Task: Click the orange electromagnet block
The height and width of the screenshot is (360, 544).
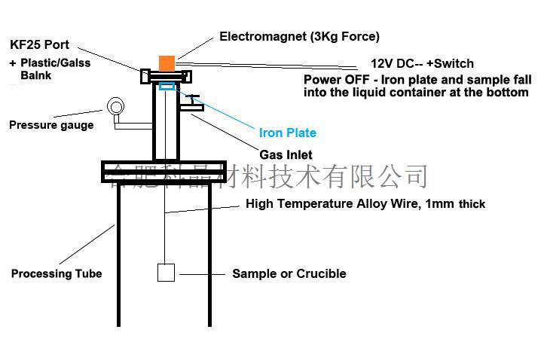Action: click(x=167, y=63)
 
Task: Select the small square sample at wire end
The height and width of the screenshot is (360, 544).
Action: click(x=166, y=273)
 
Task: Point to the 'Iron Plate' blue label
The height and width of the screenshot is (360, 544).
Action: click(x=287, y=133)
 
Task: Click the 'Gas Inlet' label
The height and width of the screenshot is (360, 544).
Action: click(x=286, y=155)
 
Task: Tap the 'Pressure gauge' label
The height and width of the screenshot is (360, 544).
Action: click(x=51, y=125)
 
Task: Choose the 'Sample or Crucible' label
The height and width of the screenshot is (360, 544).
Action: click(x=289, y=273)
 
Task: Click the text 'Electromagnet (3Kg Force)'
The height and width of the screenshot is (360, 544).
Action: click(x=299, y=36)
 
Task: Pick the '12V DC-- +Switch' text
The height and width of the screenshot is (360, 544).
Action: click(x=422, y=63)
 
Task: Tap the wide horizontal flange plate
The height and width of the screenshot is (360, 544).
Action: click(x=164, y=172)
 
